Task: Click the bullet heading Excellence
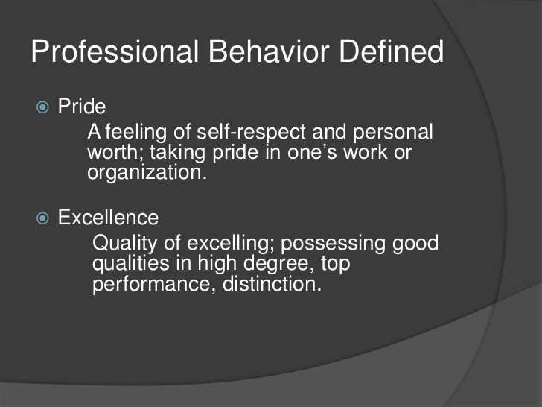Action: [109, 218]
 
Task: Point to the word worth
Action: [109, 154]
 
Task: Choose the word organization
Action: [145, 174]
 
